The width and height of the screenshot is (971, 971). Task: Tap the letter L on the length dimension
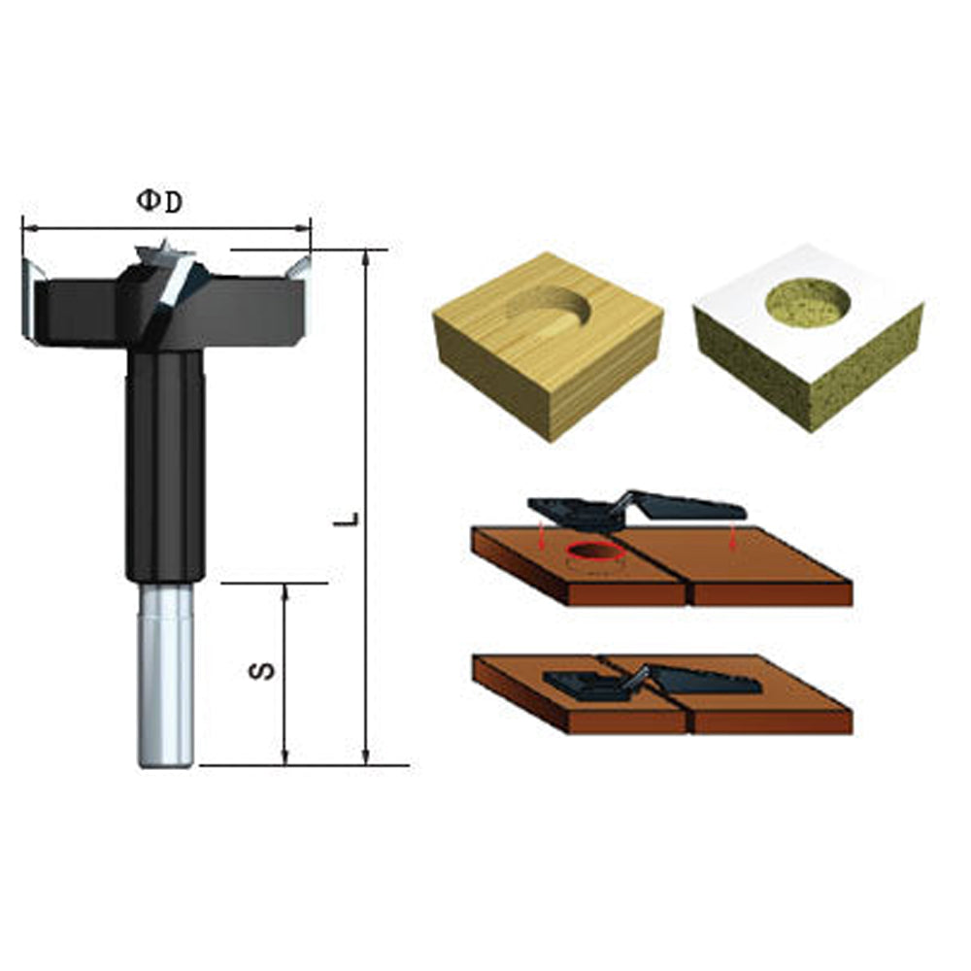352,518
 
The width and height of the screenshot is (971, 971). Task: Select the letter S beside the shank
268,670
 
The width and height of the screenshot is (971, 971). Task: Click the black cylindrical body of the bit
165,466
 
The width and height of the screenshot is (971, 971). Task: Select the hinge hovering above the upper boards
636,508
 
